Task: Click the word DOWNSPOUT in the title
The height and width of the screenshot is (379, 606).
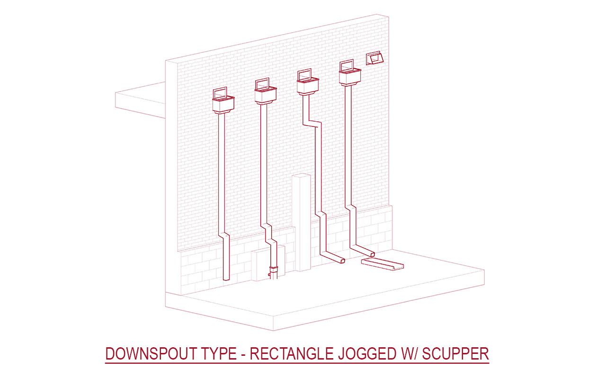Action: (x=151, y=353)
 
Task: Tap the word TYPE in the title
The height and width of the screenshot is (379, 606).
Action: (x=219, y=353)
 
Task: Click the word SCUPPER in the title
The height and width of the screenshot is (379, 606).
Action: (x=455, y=353)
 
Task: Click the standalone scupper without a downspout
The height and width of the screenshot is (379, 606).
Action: (x=374, y=58)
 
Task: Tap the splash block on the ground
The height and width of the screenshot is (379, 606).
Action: (x=382, y=264)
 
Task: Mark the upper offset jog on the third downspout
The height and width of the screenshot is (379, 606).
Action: (x=312, y=123)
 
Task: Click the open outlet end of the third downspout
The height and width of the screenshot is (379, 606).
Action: (x=342, y=261)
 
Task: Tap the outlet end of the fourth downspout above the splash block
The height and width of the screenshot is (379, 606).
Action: (x=372, y=254)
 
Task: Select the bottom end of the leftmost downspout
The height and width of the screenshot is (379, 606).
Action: (x=226, y=279)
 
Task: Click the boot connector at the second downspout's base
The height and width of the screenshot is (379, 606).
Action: (x=274, y=272)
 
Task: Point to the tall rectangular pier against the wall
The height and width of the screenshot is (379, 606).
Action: (x=301, y=223)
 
